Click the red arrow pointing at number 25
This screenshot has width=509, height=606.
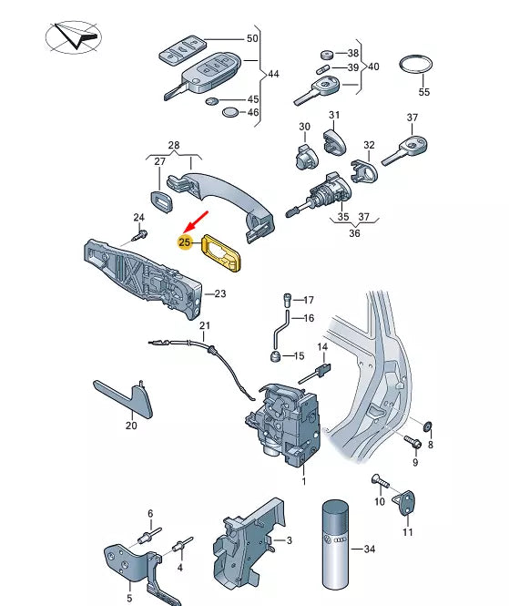(x=198, y=221)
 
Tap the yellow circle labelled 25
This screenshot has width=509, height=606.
(x=185, y=242)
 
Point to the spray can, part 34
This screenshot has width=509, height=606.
(x=335, y=545)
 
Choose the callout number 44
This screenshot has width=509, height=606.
(x=273, y=74)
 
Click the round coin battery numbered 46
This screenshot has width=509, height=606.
(x=231, y=112)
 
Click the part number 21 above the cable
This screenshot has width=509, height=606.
(x=205, y=326)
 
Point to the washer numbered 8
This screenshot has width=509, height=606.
(x=428, y=426)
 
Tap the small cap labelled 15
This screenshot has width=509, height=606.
(x=275, y=356)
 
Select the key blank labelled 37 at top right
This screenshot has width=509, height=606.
(x=405, y=150)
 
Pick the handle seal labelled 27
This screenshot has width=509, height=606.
(x=161, y=200)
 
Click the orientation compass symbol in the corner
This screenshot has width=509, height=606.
(x=74, y=37)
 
